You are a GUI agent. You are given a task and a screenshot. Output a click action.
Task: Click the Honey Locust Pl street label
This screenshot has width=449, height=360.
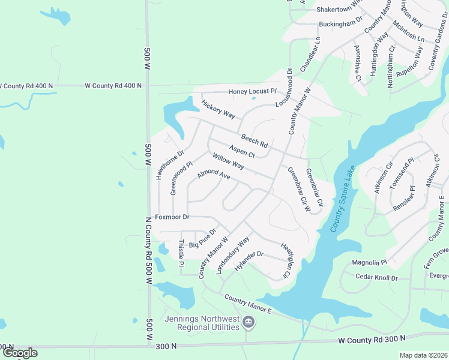pyautogui.click(x=252, y=92)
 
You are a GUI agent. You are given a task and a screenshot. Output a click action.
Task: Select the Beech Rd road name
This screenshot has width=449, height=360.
pyautogui.click(x=254, y=141)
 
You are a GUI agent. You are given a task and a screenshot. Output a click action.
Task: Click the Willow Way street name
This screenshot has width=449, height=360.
pyautogui.click(x=228, y=161)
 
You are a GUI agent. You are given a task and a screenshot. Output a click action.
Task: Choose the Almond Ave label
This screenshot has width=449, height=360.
pyautogui.click(x=214, y=176)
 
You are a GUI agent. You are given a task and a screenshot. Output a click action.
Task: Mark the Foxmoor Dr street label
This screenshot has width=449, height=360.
pyautogui.click(x=172, y=217)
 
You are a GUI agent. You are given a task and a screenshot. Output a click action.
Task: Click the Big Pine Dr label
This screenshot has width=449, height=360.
pyautogui.click(x=202, y=238)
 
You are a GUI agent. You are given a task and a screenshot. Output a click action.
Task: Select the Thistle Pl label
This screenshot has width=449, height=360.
pyautogui.click(x=181, y=253)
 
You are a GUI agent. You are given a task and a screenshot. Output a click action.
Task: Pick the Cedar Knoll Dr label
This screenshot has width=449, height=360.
pyautogui.click(x=377, y=278)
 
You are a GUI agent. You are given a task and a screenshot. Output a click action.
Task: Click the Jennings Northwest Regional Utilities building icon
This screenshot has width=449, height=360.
pyautogui.click(x=248, y=325)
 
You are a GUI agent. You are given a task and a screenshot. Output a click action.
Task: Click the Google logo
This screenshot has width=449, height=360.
pyautogui.click(x=19, y=353)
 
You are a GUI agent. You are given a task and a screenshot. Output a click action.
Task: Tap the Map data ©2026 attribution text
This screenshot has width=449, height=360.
pyautogui.click(x=423, y=355)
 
